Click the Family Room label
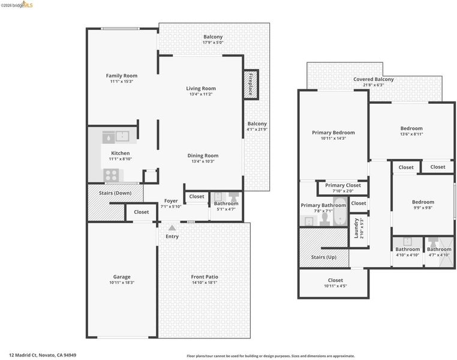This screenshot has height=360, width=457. point(122,76)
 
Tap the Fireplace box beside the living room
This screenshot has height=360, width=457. point(251,85)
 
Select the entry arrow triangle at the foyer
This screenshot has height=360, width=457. point(172,227)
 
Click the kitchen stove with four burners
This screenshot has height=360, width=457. point(111,175)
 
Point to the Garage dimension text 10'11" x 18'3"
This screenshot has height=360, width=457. point(122,283)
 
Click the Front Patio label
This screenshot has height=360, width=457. point(205,277)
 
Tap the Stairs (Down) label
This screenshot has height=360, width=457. point(115,193)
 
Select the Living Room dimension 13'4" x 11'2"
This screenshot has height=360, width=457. point(201,94)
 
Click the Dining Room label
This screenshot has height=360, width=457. point(203,155)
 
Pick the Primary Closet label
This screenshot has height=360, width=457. point(343,185)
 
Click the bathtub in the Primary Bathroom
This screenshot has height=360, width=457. point(340,212)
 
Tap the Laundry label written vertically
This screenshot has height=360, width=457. point(356,229)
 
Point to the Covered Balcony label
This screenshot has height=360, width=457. point(374,79)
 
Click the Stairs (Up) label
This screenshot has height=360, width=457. point(324,257)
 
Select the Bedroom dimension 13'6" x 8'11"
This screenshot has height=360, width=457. point(411,134)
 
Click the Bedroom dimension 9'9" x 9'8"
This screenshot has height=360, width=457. point(423,208)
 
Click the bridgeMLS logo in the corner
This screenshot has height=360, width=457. point(17,5)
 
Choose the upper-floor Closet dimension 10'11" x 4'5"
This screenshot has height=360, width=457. point(335,286)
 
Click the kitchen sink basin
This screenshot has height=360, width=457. point(122,136)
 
